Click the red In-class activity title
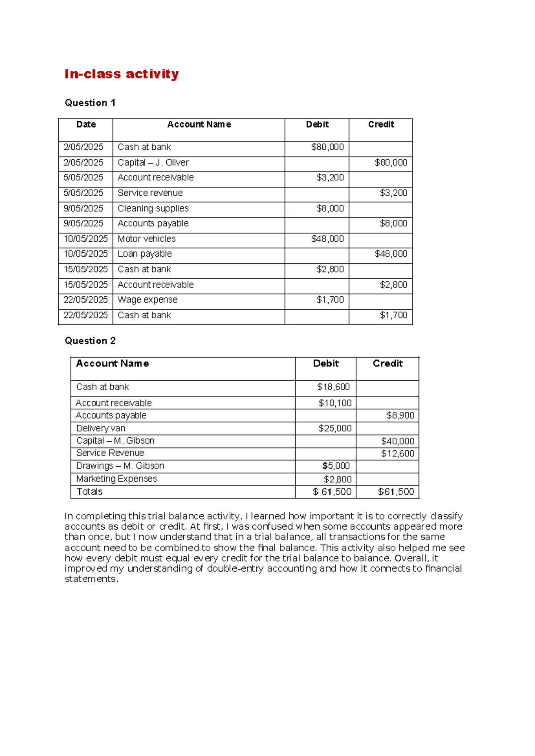point(121,74)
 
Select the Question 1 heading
point(90,103)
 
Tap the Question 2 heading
point(90,341)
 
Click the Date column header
point(86,125)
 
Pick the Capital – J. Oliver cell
point(153,163)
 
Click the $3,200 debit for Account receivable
point(330,178)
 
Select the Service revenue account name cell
point(150,193)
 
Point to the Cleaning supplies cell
point(153,209)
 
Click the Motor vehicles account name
point(146,239)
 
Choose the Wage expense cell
point(147,300)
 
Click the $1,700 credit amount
point(393,316)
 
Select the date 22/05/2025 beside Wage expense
point(86,300)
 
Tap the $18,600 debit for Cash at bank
point(333,387)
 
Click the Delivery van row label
point(100,429)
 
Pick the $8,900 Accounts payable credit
point(400,416)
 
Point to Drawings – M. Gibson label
point(120,466)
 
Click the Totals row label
point(89,492)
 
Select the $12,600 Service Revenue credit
point(397,454)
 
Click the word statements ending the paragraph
point(91,579)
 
